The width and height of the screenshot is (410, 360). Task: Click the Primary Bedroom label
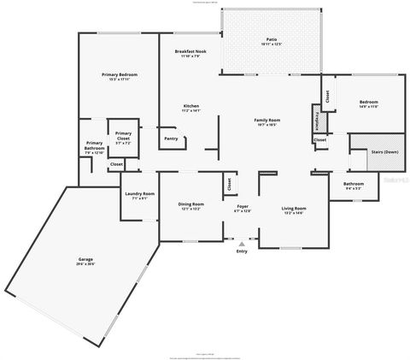120,75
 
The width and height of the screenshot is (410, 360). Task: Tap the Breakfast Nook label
189,52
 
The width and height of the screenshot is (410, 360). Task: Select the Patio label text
271,39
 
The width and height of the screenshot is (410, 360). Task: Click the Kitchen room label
190,106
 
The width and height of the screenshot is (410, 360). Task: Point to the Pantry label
171,138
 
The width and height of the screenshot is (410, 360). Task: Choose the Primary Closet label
123,133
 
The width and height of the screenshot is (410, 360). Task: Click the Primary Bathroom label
95,146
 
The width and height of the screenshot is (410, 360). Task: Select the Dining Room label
190,204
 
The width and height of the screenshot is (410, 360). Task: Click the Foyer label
243,206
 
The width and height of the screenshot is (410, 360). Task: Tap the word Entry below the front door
242,251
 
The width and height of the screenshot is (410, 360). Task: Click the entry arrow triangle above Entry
242,244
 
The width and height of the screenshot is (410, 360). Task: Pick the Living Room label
294,209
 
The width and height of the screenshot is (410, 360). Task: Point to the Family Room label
267,121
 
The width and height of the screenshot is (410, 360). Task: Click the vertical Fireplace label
318,121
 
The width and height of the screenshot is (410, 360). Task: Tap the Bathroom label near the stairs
354,183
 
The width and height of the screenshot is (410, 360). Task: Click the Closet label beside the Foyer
228,183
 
